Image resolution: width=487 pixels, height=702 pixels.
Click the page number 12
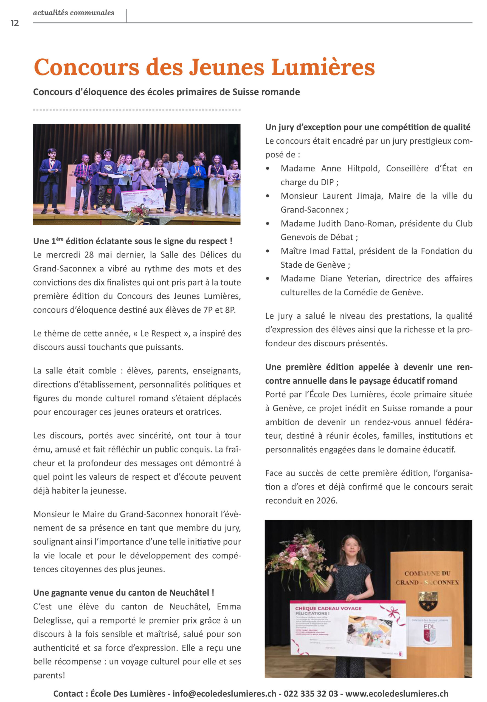point(14,23)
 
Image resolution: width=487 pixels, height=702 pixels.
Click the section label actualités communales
point(74,13)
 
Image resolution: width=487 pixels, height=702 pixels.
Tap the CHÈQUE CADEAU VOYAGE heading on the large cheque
point(328,608)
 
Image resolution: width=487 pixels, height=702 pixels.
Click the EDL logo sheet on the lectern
point(429,632)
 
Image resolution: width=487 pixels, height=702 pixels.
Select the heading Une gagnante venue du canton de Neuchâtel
point(123,593)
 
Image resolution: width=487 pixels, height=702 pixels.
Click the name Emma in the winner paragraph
point(229,607)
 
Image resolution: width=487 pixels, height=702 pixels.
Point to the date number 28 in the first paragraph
point(89,255)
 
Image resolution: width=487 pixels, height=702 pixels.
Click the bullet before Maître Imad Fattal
point(268,251)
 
